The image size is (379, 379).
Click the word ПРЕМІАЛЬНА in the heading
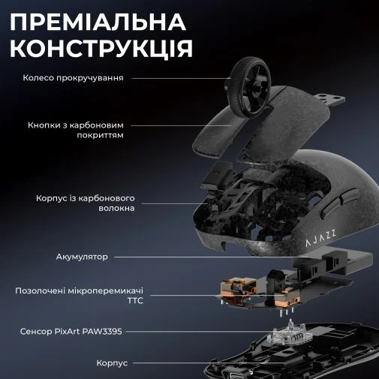pos(98,22)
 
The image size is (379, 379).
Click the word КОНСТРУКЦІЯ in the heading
pos(101,48)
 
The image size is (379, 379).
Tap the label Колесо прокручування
pos(73,78)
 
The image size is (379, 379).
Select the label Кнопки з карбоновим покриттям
pos(76,130)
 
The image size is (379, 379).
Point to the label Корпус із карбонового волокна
pos(86,203)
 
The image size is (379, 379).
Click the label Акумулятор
pos(82,257)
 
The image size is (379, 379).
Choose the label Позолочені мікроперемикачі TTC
pos(79,296)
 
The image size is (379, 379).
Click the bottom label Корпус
pos(112,363)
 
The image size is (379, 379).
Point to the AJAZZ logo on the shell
pos(320,239)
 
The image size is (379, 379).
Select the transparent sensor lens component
pos(288,332)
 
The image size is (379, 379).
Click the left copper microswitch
pos(239,287)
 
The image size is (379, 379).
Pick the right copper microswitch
pos(287,298)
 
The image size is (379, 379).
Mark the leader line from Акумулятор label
pos(212,257)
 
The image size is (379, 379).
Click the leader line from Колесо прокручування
pos(182,78)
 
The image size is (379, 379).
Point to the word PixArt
pos(67,332)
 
